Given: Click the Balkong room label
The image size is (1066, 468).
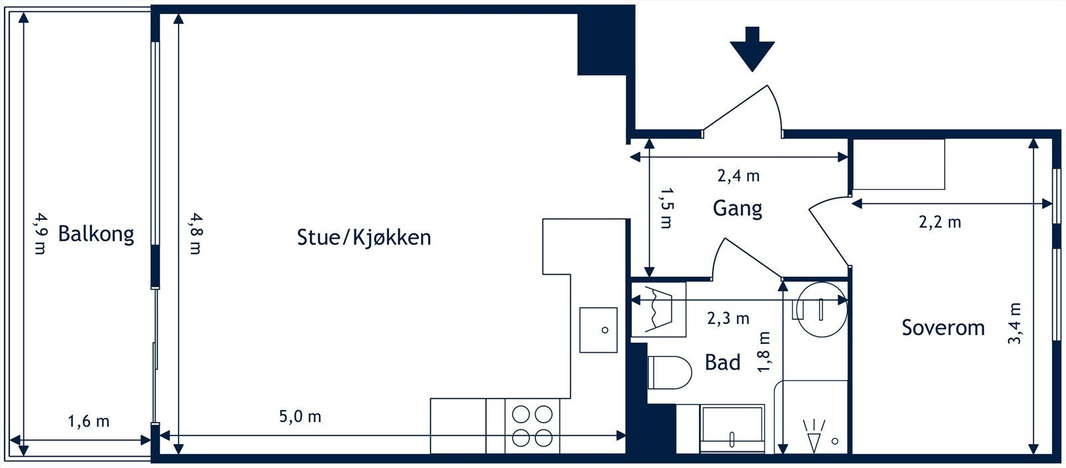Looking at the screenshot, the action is pos(96,234).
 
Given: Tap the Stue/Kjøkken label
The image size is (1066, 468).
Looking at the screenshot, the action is pos(364,237).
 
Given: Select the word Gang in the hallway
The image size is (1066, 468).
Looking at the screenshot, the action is pos(737,209).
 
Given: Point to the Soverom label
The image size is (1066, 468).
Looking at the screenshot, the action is pos(943,327).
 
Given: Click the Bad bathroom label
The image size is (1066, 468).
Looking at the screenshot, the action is pos(722,362).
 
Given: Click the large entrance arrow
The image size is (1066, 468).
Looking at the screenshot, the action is pos(752,49).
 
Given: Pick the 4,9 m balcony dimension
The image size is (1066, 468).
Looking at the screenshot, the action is pos(41,233).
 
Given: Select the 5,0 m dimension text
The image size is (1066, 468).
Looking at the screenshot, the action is pos(300,417).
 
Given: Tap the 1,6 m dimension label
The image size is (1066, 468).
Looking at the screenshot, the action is pos(89,421).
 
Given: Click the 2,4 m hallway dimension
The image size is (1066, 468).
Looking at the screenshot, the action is pos(738,176).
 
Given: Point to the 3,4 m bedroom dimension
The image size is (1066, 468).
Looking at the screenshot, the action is pos(1014,323).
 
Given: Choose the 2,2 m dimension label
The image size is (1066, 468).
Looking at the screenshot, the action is pos(940,223).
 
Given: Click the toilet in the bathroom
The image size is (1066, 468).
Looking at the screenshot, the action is pos(669,372).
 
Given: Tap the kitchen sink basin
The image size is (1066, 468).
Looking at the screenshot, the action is pos(598,330).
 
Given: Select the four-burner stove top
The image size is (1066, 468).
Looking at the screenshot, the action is pos(532,426).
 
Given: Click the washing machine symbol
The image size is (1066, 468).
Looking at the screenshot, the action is pos(659,309).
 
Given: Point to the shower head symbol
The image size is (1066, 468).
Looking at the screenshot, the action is pos(813,435).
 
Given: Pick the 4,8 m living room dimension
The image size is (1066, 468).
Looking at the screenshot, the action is pos(196,233).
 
